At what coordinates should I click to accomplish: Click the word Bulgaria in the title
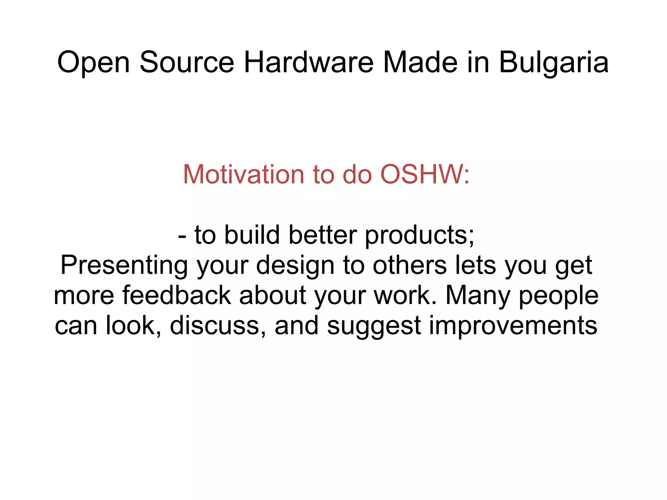pos(553,62)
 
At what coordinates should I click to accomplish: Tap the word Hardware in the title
pos(308,62)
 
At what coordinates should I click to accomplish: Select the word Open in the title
pos(93,62)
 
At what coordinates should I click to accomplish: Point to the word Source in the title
pos(187,62)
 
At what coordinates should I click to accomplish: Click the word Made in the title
pos(420,62)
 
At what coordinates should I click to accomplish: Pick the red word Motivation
pos(244,175)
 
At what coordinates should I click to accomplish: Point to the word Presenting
pos(124,265)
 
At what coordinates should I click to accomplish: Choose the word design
pos(295,265)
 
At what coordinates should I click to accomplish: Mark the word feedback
pos(177,295)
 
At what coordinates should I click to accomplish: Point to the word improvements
pos(513,325)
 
